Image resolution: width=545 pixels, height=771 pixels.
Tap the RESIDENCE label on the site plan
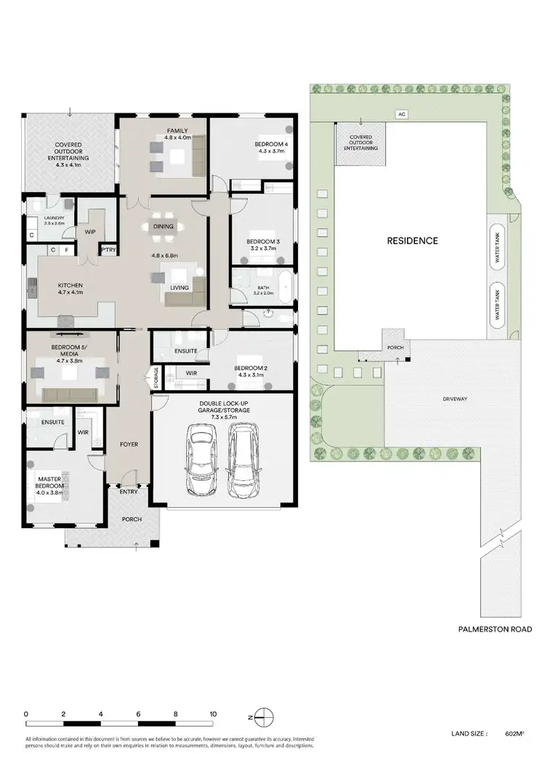click(412, 241)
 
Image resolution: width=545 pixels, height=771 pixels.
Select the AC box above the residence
click(400, 114)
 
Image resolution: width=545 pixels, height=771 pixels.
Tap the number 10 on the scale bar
click(213, 714)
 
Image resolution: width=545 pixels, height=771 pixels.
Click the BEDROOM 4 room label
click(271, 145)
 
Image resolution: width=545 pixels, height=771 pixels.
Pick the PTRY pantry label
click(108, 250)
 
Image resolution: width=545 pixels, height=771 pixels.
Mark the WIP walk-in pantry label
click(91, 232)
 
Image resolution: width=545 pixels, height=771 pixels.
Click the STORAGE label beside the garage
click(155, 377)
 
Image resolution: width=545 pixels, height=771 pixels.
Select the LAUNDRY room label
click(54, 218)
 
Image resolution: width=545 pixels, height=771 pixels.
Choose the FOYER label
click(129, 444)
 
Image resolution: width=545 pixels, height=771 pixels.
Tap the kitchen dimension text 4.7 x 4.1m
click(70, 294)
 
